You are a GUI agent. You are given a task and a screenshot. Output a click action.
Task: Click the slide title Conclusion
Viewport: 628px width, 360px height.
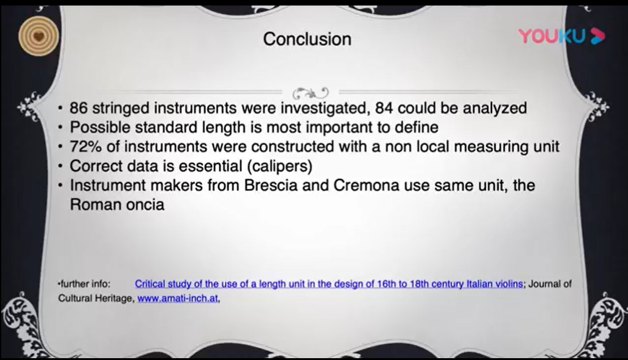pyautogui.click(x=307, y=39)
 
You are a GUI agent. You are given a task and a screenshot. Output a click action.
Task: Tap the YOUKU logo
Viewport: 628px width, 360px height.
pyautogui.click(x=561, y=36)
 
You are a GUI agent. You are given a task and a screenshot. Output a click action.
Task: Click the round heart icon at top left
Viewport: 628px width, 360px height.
pyautogui.click(x=39, y=37)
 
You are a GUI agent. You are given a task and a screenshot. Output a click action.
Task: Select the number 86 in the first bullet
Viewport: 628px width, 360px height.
pyautogui.click(x=78, y=108)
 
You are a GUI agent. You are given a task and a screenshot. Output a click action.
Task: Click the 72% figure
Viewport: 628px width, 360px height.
pyautogui.click(x=86, y=146)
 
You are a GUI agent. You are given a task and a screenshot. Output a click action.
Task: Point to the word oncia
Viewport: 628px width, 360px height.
pyautogui.click(x=145, y=204)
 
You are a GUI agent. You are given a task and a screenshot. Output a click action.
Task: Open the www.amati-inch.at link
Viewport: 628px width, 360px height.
pyautogui.click(x=178, y=298)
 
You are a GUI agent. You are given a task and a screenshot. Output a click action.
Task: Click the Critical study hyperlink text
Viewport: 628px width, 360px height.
pyautogui.click(x=329, y=284)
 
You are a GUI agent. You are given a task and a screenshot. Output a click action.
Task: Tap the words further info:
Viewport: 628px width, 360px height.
pyautogui.click(x=85, y=284)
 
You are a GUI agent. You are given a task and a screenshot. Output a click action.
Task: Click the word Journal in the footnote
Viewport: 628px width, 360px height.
pyautogui.click(x=545, y=284)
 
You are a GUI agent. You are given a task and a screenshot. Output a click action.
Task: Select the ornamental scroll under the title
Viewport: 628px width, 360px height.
pyautogui.click(x=311, y=93)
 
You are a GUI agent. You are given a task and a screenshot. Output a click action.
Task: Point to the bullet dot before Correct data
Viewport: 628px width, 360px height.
pyautogui.click(x=60, y=166)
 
